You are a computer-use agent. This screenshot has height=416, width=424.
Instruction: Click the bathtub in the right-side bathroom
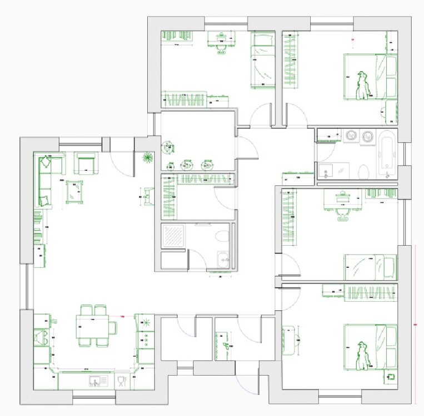coord(387,153)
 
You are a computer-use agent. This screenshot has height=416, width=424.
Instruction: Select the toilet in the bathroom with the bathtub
coord(364,171)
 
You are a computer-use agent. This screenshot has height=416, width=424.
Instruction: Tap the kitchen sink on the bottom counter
coord(98,381)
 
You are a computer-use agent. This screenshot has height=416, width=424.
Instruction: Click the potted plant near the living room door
coord(147,158)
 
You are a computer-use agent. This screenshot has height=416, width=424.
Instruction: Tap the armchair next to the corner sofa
coord(86,163)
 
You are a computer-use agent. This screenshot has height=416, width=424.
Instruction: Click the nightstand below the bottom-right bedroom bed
coord(391,377)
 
